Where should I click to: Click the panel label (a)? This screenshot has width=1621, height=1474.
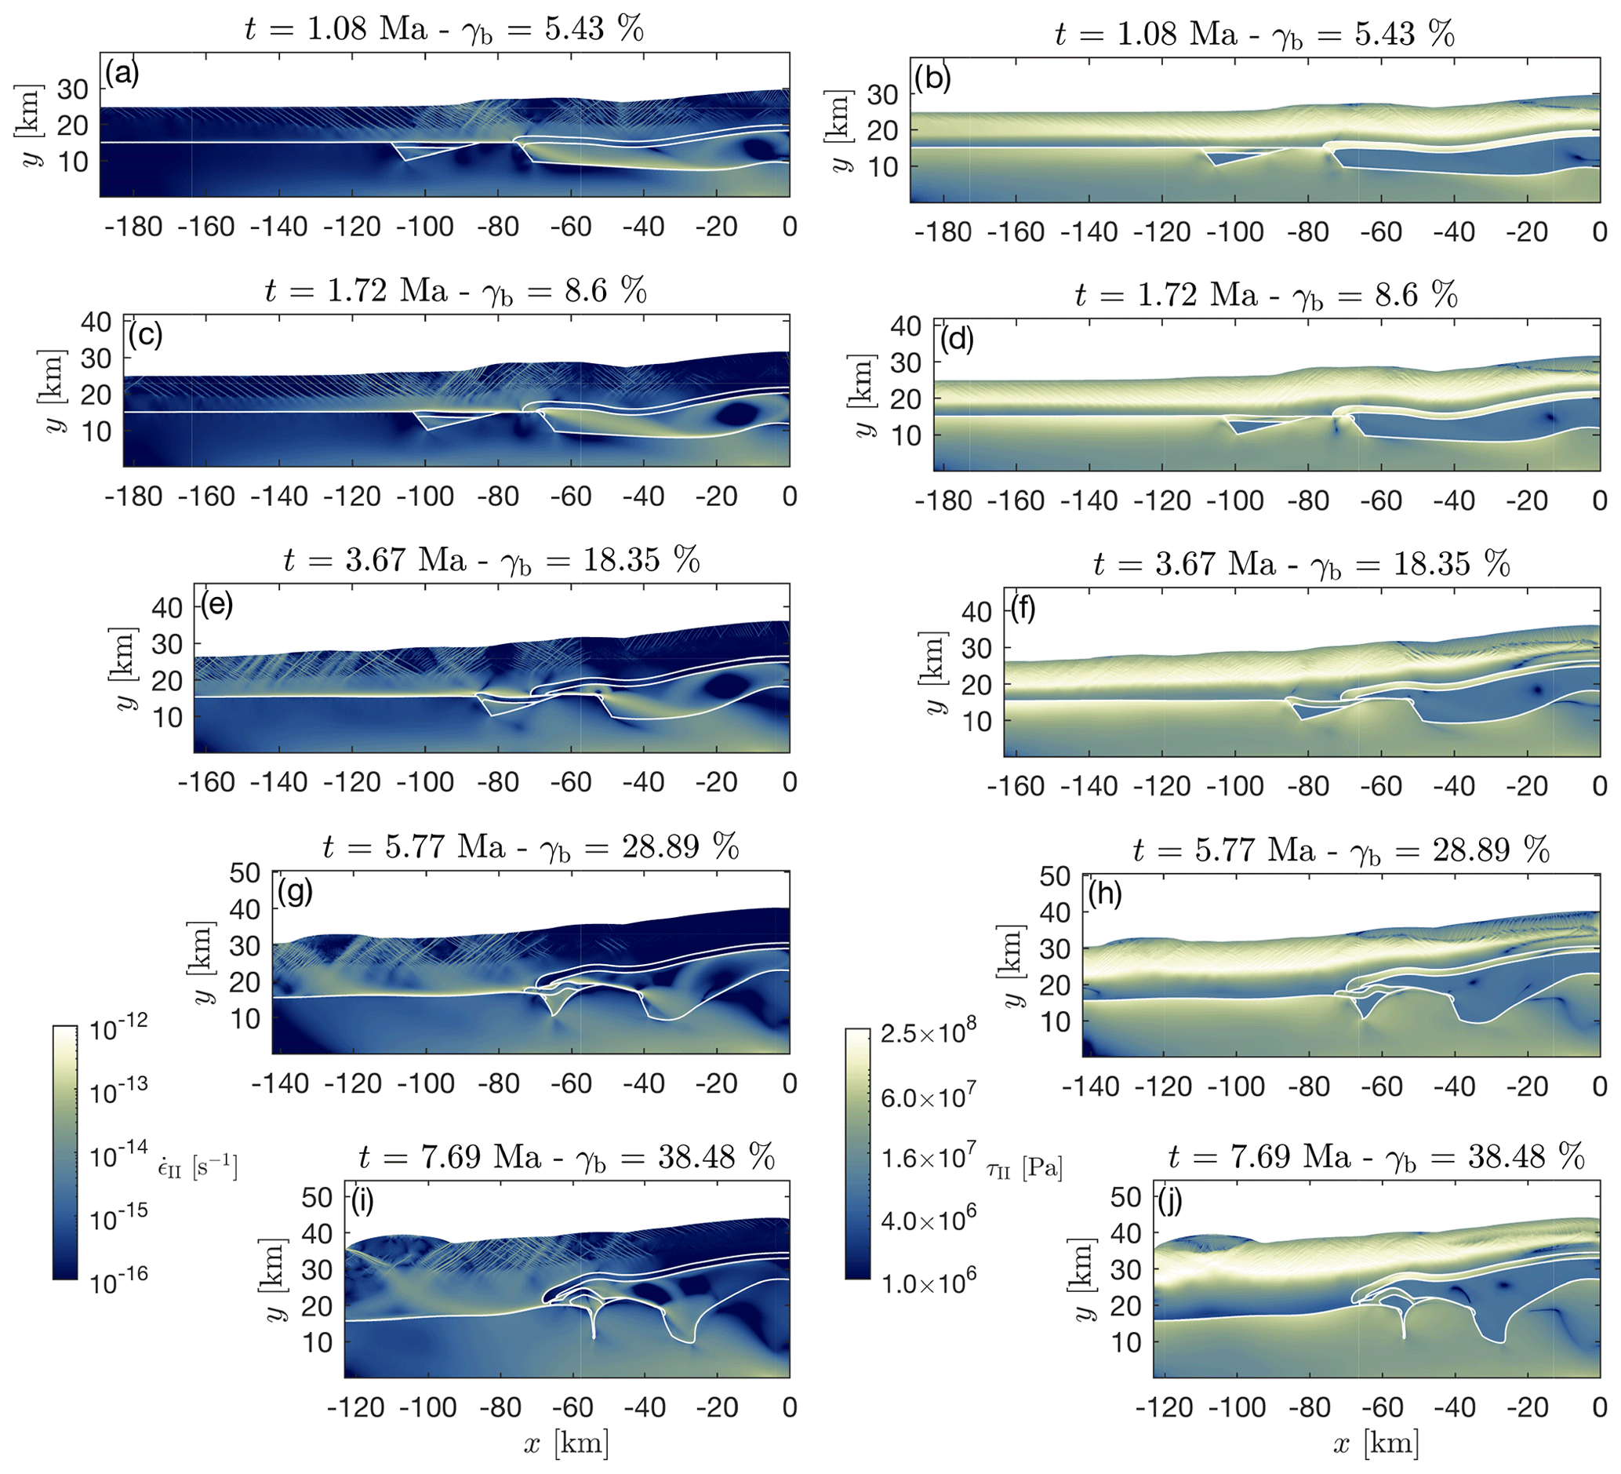tap(122, 73)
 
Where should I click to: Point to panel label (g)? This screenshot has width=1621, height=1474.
tap(294, 891)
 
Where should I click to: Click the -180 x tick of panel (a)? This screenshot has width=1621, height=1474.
tap(133, 227)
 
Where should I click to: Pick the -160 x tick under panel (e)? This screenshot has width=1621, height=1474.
tap(205, 782)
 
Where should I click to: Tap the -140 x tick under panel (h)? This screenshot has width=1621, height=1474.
tap(1092, 1087)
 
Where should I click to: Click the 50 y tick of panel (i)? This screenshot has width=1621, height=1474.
tap(317, 1197)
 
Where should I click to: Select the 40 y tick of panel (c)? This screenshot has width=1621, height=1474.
tap(96, 322)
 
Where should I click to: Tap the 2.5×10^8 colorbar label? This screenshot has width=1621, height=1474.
tap(927, 1033)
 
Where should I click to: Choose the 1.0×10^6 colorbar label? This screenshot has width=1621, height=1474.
tap(927, 1283)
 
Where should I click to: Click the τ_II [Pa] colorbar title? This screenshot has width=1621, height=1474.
tap(1023, 1167)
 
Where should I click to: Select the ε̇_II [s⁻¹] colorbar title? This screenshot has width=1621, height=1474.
tap(197, 1166)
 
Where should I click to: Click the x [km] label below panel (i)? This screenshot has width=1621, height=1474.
tap(566, 1444)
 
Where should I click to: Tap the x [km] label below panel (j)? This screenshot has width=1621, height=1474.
tap(1375, 1444)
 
